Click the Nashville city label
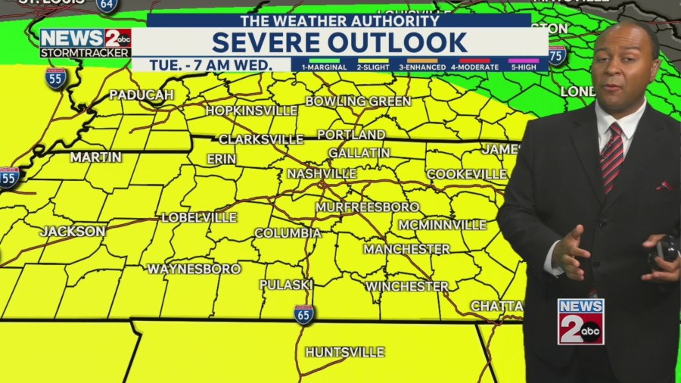tap(322, 173)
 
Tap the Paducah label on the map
tap(141, 95)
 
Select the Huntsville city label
tap(344, 352)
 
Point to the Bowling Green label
tap(358, 101)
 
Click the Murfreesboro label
tap(367, 207)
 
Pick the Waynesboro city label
tap(194, 269)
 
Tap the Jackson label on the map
tap(73, 231)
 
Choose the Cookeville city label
tap(466, 174)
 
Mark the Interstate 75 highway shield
tap(557, 55)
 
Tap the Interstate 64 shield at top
tap(107, 5)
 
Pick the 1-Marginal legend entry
tap(324, 65)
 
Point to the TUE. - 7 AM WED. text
tap(210, 65)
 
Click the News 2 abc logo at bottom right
tap(580, 322)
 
